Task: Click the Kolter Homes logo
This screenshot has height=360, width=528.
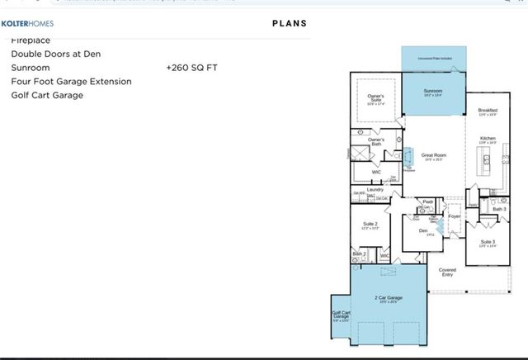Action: (x=32, y=23)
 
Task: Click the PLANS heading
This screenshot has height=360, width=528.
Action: (x=290, y=23)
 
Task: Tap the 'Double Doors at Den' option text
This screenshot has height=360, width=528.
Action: (x=56, y=54)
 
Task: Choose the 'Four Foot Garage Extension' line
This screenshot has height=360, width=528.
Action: (x=71, y=81)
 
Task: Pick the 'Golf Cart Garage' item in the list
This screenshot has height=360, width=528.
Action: (x=47, y=95)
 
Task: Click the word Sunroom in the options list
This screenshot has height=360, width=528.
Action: (x=31, y=68)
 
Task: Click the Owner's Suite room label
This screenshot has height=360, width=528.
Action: (x=375, y=97)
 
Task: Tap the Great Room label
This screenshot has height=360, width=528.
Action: (x=434, y=155)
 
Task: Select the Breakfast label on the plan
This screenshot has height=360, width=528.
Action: (x=488, y=110)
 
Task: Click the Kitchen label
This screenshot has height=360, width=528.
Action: (x=488, y=138)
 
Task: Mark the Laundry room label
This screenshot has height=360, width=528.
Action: (x=376, y=190)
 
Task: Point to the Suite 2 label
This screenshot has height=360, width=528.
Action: (x=370, y=224)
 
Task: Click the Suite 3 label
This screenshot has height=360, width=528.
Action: (x=488, y=242)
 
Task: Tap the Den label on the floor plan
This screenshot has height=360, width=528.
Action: (x=423, y=230)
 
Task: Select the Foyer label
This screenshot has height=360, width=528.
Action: (x=454, y=216)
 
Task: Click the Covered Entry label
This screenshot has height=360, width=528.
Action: (x=447, y=272)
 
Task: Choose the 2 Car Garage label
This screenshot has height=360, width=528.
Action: (x=389, y=297)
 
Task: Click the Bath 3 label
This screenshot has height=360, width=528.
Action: (x=499, y=209)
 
